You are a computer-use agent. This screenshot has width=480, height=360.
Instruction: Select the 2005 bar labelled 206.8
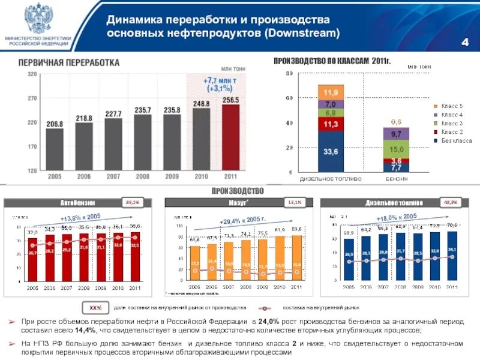[x=55, y=149]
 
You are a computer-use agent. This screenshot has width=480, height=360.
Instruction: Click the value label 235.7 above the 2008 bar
[x=143, y=110]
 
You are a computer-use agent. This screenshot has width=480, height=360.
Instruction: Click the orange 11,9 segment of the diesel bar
[x=331, y=92]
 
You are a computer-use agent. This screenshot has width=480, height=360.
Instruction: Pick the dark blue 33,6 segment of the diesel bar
[x=331, y=152]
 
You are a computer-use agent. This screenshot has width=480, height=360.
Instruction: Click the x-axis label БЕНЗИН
[x=397, y=179]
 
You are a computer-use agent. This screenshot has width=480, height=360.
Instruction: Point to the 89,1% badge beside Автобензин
[x=133, y=203]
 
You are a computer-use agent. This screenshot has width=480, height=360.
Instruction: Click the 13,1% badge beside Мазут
[x=293, y=203]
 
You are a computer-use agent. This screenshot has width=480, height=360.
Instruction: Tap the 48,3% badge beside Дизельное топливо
[x=450, y=203]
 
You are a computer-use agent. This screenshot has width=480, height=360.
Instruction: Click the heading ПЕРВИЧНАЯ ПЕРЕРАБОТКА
[x=68, y=63]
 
